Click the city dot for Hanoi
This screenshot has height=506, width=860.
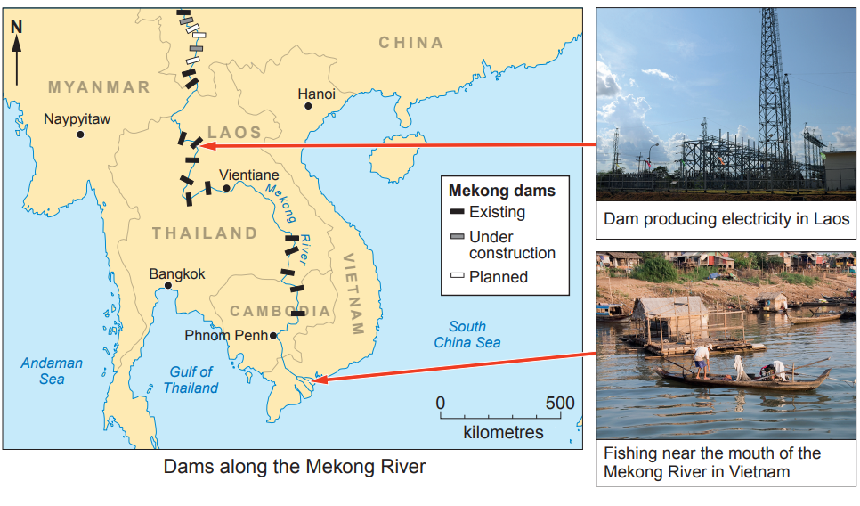[308, 106]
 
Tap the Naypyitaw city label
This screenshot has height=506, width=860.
[77, 118]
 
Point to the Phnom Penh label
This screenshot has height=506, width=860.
[227, 336]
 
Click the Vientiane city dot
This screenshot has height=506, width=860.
[227, 188]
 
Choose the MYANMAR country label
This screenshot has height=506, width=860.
[99, 87]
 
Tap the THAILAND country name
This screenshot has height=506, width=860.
[204, 233]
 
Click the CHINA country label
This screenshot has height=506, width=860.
[410, 42]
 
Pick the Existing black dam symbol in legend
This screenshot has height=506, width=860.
[458, 212]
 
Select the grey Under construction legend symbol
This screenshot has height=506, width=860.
[458, 236]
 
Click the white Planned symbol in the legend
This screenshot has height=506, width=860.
[458, 276]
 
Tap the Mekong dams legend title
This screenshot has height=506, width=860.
[501, 191]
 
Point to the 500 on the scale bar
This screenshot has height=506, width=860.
[560, 404]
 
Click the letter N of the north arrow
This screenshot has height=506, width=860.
[16, 27]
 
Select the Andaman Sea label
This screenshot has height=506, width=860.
[52, 371]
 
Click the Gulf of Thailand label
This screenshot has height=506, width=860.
[191, 379]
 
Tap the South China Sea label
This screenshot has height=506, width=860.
[467, 334]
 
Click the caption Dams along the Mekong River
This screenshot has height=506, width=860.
[295, 466]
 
